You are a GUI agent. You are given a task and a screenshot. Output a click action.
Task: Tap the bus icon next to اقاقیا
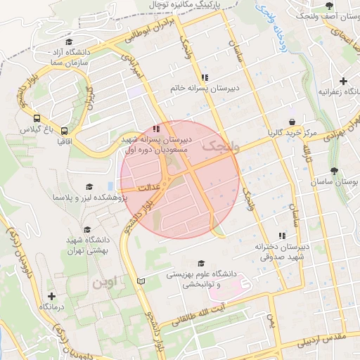click(65, 130)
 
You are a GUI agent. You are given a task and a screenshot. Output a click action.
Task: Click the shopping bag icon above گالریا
click(291, 121)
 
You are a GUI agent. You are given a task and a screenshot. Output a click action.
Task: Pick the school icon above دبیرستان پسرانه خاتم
click(205, 77)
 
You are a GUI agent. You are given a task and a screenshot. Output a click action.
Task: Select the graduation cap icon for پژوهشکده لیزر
click(89, 186)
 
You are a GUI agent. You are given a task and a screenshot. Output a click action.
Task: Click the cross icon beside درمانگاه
click(51, 296)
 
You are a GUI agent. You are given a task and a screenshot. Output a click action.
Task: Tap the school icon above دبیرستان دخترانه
click(283, 236)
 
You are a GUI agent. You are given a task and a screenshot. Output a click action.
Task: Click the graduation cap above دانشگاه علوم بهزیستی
click(201, 263)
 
